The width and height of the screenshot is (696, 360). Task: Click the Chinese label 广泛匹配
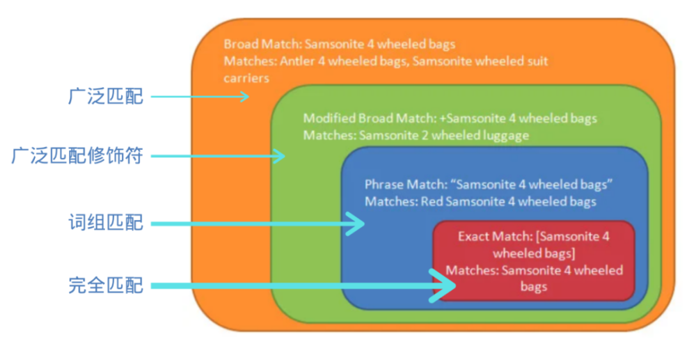[x=106, y=96]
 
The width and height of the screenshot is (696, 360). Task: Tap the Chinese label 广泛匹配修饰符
[x=77, y=156]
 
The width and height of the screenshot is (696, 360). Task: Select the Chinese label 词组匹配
[x=106, y=223]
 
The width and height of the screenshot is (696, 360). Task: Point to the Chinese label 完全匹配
[x=106, y=285]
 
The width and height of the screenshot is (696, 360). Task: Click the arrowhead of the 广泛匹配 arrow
[x=244, y=96]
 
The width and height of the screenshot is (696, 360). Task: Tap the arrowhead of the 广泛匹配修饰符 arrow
[x=280, y=156]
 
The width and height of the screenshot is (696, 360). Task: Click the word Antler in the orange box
[x=297, y=61]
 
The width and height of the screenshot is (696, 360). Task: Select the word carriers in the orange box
[x=246, y=78]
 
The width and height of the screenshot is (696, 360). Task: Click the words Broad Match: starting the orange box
[x=262, y=44]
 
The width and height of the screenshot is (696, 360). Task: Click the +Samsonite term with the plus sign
[x=473, y=118]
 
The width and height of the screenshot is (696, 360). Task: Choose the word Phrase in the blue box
[x=384, y=185]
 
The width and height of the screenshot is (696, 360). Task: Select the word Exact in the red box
[x=473, y=236]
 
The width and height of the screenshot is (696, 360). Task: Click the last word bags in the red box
[x=534, y=287]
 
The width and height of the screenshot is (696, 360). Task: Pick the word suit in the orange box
[x=537, y=61]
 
